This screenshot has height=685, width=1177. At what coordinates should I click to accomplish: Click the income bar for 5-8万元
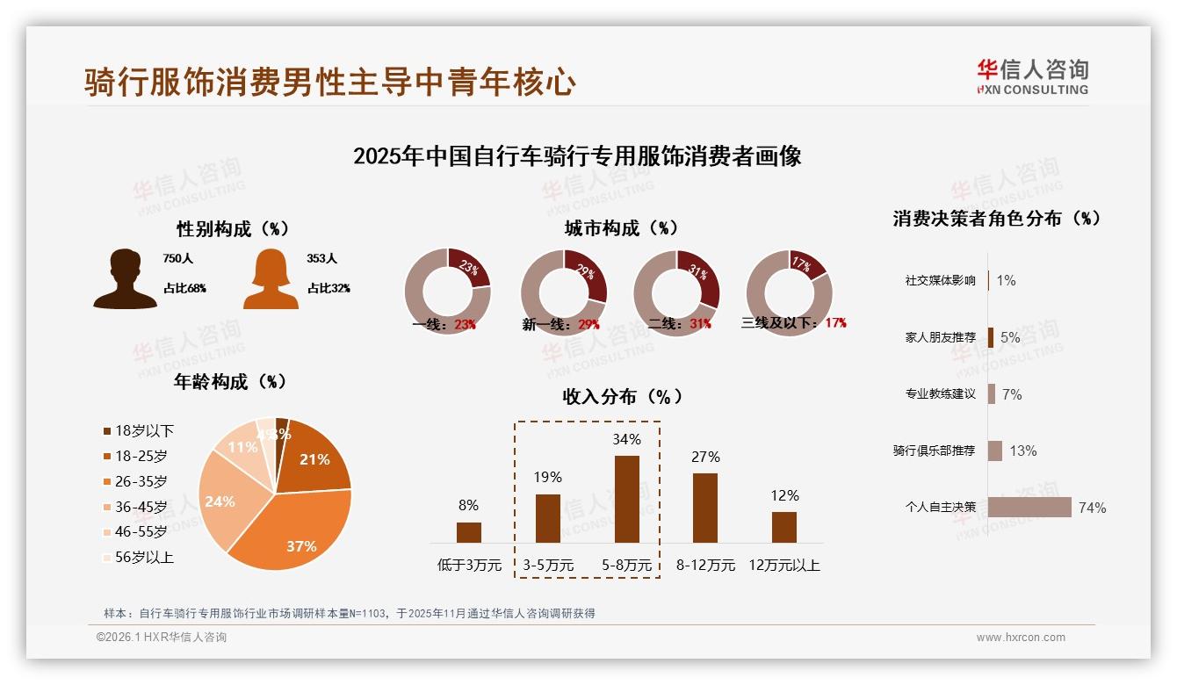(626, 499)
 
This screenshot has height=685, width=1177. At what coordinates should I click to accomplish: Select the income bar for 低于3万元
(469, 532)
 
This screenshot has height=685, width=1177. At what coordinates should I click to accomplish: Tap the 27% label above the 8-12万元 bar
(705, 457)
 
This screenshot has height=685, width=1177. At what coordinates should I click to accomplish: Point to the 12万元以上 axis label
(784, 565)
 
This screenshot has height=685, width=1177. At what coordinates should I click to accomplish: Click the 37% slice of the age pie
(299, 527)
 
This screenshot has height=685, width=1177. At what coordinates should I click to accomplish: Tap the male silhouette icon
(125, 278)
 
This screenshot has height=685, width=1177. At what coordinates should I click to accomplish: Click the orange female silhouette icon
(271, 279)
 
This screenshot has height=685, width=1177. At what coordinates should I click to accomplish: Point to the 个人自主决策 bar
(1029, 507)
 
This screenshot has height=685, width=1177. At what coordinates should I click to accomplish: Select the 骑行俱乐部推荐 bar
(995, 451)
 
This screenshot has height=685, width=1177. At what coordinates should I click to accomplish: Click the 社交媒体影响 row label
(940, 280)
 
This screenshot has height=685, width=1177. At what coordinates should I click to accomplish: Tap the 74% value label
(1092, 508)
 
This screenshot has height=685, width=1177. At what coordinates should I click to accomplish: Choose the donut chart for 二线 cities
(676, 292)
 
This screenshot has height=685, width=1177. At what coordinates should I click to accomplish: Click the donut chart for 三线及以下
(789, 292)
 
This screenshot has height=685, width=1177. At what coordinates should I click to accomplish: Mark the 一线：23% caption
(444, 324)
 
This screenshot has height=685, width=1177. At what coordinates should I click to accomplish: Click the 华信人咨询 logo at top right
(1032, 76)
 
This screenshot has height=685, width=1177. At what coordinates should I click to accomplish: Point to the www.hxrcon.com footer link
(1021, 638)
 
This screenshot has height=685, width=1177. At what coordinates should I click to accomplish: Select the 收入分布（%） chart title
(622, 396)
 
